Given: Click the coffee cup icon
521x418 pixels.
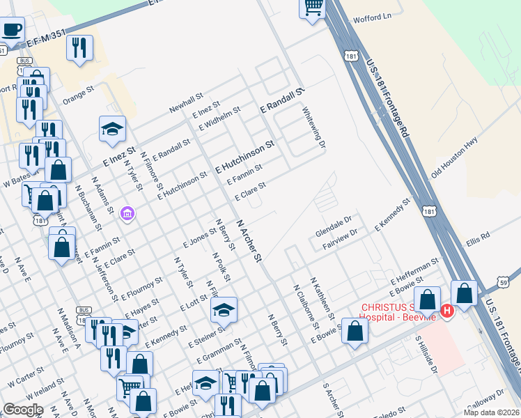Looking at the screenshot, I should (12, 30).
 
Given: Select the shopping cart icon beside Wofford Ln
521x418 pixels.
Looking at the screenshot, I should (313, 8).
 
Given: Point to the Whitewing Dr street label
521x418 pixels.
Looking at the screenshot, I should (313, 127).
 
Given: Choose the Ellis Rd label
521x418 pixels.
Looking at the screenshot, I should (479, 236).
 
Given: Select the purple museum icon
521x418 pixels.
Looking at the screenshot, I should (127, 212).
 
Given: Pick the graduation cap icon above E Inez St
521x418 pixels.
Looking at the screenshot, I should (111, 129).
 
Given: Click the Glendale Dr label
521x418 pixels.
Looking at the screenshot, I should (334, 229).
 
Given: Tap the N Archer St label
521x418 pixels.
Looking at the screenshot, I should (249, 241).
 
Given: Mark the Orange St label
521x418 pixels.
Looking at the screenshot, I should (78, 95).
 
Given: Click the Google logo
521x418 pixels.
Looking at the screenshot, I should (23, 410).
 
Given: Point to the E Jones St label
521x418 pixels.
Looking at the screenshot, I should (200, 239).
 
